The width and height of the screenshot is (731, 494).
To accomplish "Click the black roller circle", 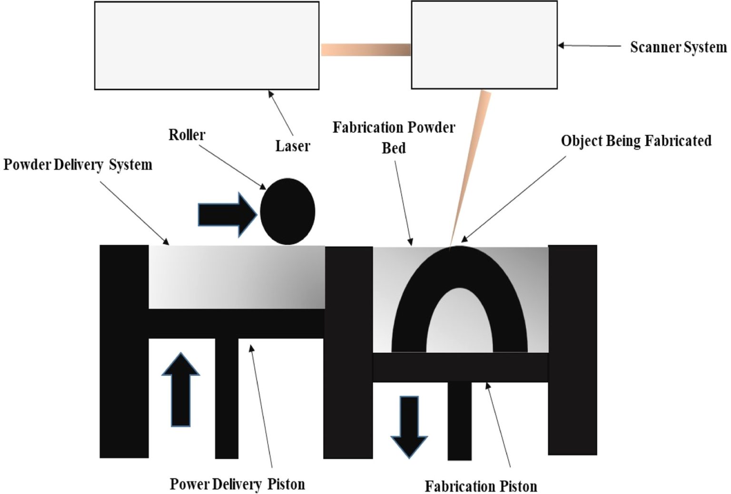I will pos(287,212).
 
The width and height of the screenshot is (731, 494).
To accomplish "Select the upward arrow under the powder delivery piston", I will pos(180,390).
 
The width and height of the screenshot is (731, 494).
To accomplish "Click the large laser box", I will pos(207,46).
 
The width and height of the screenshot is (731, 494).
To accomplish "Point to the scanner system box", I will pos(484,45).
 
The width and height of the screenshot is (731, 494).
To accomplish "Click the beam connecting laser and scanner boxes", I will pos(365,49).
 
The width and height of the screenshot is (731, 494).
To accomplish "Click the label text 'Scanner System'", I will pos(678,47).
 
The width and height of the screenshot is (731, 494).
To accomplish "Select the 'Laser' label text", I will pos(292,146).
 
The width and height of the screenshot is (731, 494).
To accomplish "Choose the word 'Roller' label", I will pos(187,135).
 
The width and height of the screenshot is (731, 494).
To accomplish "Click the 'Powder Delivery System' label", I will pos(78,165).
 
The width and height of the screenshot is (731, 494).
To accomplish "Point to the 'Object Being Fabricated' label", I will pos(636,141).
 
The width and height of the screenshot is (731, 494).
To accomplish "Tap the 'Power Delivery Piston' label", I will pos(237,484).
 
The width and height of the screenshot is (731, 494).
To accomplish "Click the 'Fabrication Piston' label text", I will pos(481,486).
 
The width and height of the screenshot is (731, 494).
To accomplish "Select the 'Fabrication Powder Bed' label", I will pos(394,137).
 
